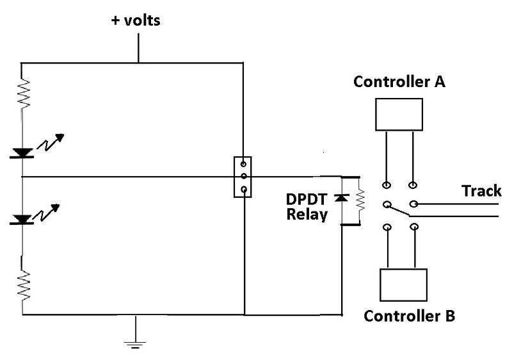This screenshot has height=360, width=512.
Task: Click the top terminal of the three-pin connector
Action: coord(243,163)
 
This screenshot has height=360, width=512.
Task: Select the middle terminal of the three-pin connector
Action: coord(243,176)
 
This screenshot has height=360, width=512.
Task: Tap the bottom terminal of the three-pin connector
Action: coord(243,189)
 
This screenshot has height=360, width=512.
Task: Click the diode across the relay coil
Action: coord(342,199)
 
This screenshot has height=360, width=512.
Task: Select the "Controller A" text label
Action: coord(399,82)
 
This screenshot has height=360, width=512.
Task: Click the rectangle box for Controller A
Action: coord(399,114)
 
